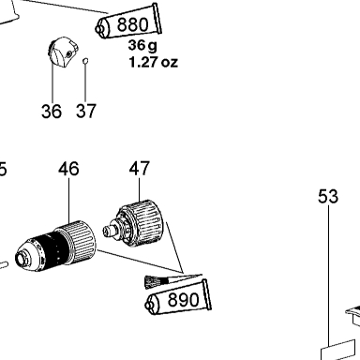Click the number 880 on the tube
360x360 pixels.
[x=133, y=24]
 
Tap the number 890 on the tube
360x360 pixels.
[x=183, y=300]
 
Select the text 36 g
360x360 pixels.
[x=142, y=46]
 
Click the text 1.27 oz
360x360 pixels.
[x=153, y=62]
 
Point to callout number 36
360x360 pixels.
[x=52, y=111]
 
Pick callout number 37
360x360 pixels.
[x=86, y=111]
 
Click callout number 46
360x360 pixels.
[x=68, y=169]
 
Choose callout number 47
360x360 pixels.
[x=140, y=169]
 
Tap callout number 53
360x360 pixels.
[x=328, y=196]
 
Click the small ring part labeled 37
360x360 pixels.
[x=85, y=61]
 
